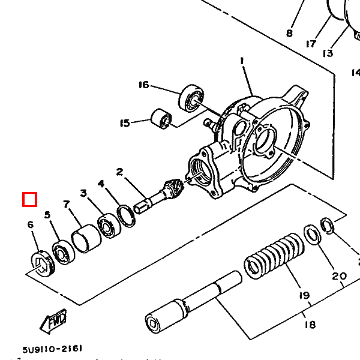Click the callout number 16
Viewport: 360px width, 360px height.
(x=144, y=85)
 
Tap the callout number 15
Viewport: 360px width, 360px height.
(x=125, y=123)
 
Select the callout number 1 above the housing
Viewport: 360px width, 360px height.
(x=242, y=61)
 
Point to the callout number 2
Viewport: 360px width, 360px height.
(x=119, y=172)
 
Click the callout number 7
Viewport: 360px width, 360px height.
(x=67, y=204)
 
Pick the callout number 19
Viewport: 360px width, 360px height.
(x=305, y=295)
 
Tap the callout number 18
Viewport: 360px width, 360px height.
(x=310, y=325)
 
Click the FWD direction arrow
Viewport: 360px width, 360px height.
(x=53, y=321)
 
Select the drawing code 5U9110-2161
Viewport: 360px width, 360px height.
(x=52, y=349)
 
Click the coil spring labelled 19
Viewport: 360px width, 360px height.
(x=274, y=256)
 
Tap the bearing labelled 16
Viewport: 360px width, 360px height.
(x=191, y=98)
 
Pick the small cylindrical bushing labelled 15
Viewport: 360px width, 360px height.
(x=161, y=118)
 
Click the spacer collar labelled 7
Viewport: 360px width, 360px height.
(x=86, y=238)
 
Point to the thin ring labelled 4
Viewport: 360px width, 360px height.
(x=126, y=216)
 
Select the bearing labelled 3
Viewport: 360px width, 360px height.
(x=109, y=226)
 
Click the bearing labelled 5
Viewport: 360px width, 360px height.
(x=64, y=253)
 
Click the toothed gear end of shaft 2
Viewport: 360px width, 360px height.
(x=173, y=185)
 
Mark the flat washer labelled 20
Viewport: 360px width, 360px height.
(x=312, y=235)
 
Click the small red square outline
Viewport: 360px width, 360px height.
(x=29, y=200)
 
